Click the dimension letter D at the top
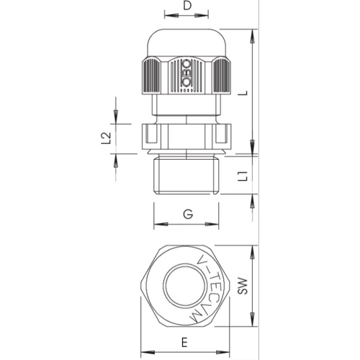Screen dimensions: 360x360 click(x=187, y=6)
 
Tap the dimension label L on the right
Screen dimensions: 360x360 click(x=244, y=93)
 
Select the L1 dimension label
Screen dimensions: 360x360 click(x=244, y=176)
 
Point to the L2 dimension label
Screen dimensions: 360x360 click(x=106, y=138)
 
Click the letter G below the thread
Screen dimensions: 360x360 click(x=188, y=214)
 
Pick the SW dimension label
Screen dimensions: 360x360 click(x=243, y=286)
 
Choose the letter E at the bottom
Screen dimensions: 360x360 click(x=184, y=342)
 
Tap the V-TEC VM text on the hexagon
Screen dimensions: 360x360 click(x=207, y=287)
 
